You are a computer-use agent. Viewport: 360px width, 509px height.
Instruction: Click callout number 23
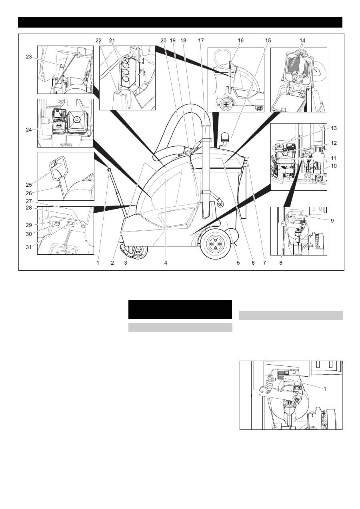(x=29, y=57)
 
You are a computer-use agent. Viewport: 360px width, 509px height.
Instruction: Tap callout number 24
(x=29, y=130)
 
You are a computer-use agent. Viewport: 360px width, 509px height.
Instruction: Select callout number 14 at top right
(x=302, y=40)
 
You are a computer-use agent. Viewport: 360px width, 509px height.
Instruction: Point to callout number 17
(x=201, y=40)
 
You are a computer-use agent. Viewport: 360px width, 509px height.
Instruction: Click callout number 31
(x=29, y=247)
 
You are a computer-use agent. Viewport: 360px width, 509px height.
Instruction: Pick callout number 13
(x=334, y=128)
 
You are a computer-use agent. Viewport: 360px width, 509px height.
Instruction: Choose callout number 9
(x=332, y=221)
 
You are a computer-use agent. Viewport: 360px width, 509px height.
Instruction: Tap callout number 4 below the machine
(x=166, y=263)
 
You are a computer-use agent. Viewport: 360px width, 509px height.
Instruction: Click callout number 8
(x=281, y=263)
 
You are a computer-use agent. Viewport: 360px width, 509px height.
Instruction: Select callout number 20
(x=164, y=40)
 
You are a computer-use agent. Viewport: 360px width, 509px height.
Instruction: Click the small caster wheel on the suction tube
(x=220, y=204)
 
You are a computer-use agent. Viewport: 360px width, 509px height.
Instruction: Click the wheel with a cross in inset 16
(x=226, y=105)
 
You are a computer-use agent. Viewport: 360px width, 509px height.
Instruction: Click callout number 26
(x=29, y=193)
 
